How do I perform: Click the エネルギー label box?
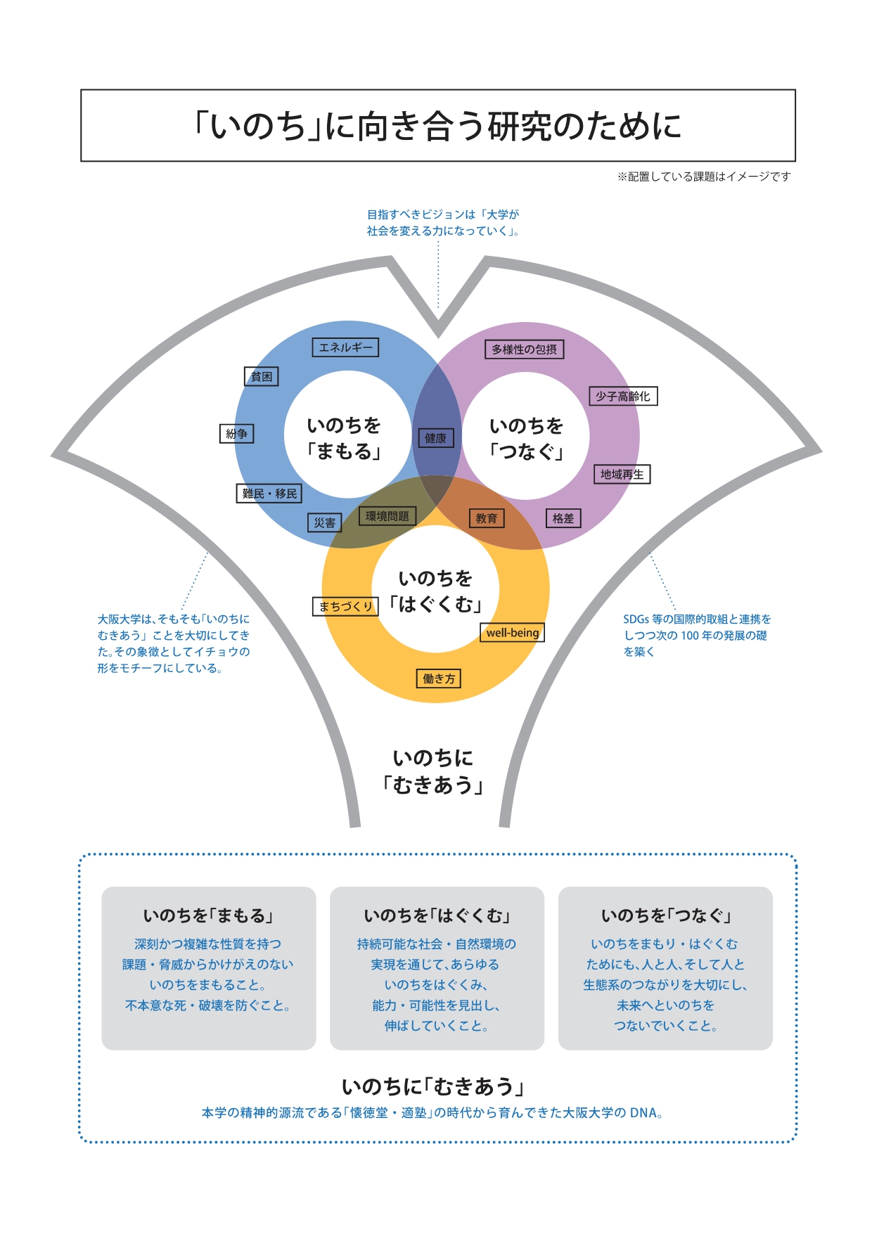coord(345,347)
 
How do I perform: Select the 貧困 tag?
coord(262,377)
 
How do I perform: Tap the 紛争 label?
coord(236,434)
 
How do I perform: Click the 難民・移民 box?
coord(269,494)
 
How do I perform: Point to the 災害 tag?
coord(325,522)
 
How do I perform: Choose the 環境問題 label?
coord(387,516)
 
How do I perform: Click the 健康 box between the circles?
coord(435,438)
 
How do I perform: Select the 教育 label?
coord(486,518)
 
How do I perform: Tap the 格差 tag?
coord(563,518)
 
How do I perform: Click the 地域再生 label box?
coord(622,475)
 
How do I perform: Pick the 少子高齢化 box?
coord(623,397)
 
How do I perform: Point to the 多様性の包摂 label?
coord(524,349)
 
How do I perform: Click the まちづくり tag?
coord(345,606)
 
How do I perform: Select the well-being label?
coord(513,633)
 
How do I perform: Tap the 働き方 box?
coord(439,679)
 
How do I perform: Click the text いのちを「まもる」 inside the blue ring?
coord(344,438)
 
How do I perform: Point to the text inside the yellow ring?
coord(436,591)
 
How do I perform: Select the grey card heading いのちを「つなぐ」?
coord(665,915)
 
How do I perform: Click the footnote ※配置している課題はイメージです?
coord(704,176)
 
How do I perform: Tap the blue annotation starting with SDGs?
coord(696,635)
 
